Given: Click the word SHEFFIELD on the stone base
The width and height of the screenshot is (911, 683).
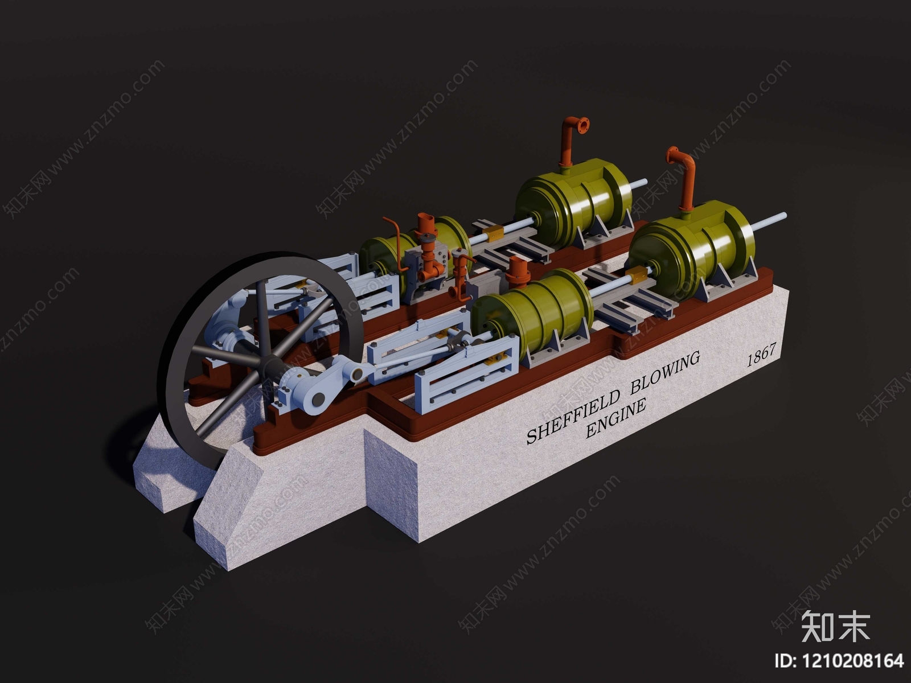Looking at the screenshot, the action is tap(573, 417).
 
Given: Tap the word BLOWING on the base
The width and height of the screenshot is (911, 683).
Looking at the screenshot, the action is tap(665, 373).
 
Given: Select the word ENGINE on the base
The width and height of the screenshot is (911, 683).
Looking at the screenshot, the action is tap(615, 418).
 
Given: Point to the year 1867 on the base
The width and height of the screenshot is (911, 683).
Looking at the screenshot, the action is tap(761, 354).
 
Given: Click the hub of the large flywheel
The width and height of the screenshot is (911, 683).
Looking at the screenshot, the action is tap(268, 364).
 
